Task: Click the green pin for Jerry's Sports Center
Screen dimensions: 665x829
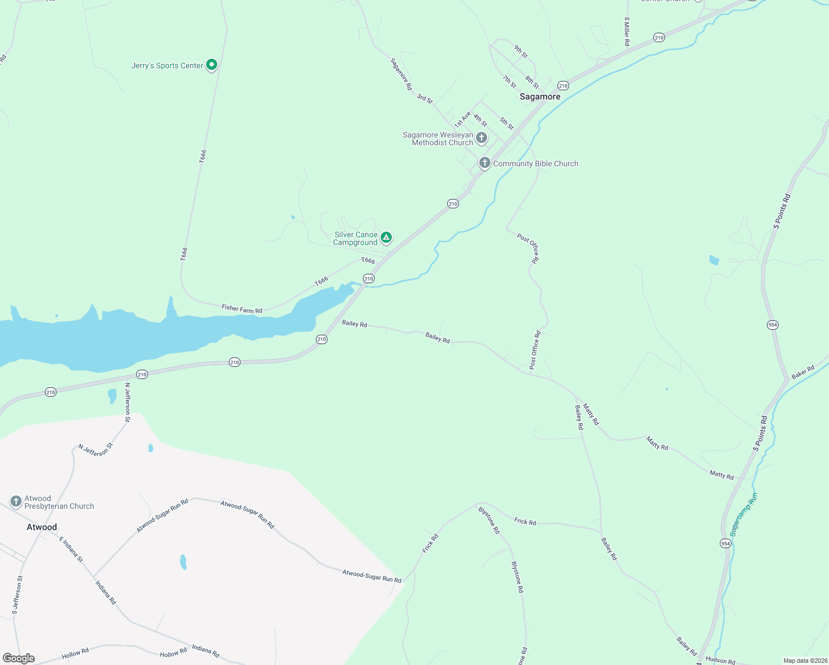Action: click(x=211, y=65)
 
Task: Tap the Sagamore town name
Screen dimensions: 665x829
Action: click(x=540, y=96)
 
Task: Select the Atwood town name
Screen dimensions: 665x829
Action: click(x=42, y=527)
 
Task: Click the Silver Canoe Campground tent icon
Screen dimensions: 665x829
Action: click(x=386, y=238)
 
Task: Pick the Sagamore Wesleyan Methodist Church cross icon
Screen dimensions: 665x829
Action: click(x=482, y=137)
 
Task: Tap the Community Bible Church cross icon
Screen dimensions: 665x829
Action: click(x=485, y=163)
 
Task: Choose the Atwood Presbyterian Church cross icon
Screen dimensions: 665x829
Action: click(x=16, y=502)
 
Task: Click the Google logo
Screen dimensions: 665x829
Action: click(x=19, y=658)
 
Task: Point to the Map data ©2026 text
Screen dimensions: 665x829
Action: click(x=805, y=661)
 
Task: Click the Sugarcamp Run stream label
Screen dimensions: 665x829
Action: click(x=743, y=514)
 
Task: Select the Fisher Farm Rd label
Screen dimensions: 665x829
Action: click(x=242, y=309)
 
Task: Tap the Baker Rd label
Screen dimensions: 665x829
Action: click(x=803, y=372)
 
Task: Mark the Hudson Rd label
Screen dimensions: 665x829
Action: click(x=720, y=660)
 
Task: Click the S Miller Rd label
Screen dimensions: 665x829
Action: click(x=627, y=31)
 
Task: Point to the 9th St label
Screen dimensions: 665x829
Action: click(x=520, y=52)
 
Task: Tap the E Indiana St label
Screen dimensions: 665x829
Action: click(x=71, y=549)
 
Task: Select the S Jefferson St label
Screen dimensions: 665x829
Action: click(x=18, y=595)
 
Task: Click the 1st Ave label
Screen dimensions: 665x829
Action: click(x=462, y=119)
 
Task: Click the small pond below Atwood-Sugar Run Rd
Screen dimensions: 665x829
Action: click(x=183, y=562)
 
